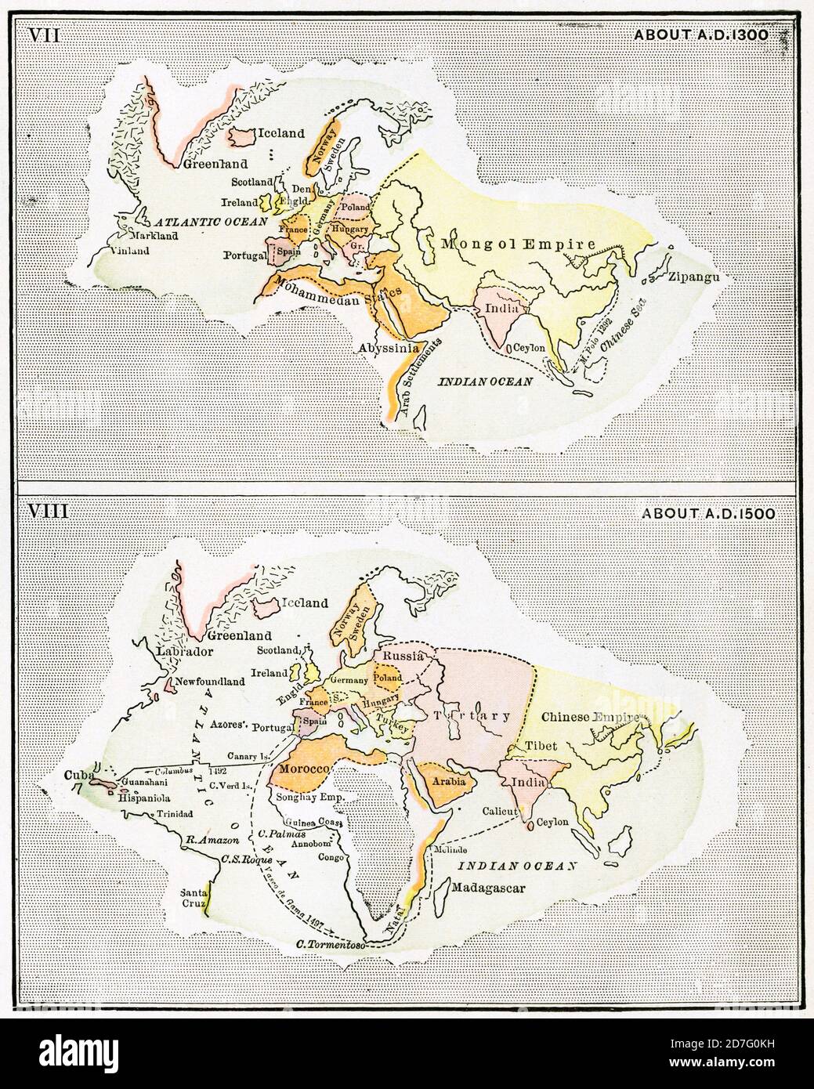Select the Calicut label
[500, 812]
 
